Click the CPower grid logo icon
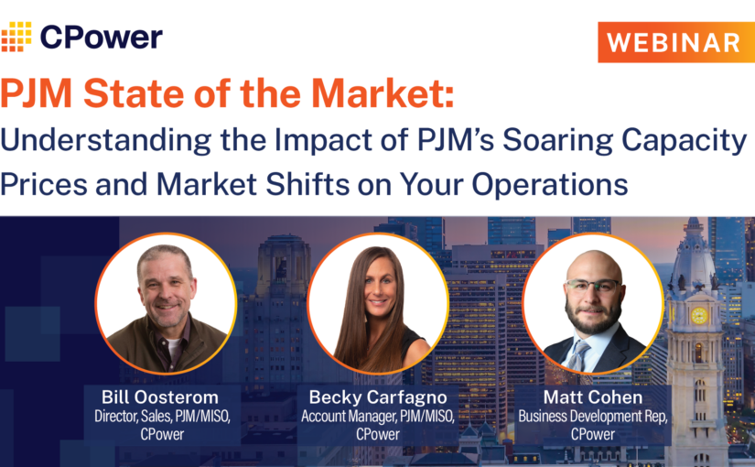click(x=16, y=37)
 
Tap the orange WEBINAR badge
click(x=675, y=42)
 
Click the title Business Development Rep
click(x=592, y=417)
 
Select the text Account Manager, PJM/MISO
click(x=377, y=417)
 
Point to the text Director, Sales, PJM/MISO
click(x=165, y=417)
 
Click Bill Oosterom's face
click(x=166, y=285)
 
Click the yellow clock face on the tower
click(x=699, y=316)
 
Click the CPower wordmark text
click(x=102, y=37)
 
